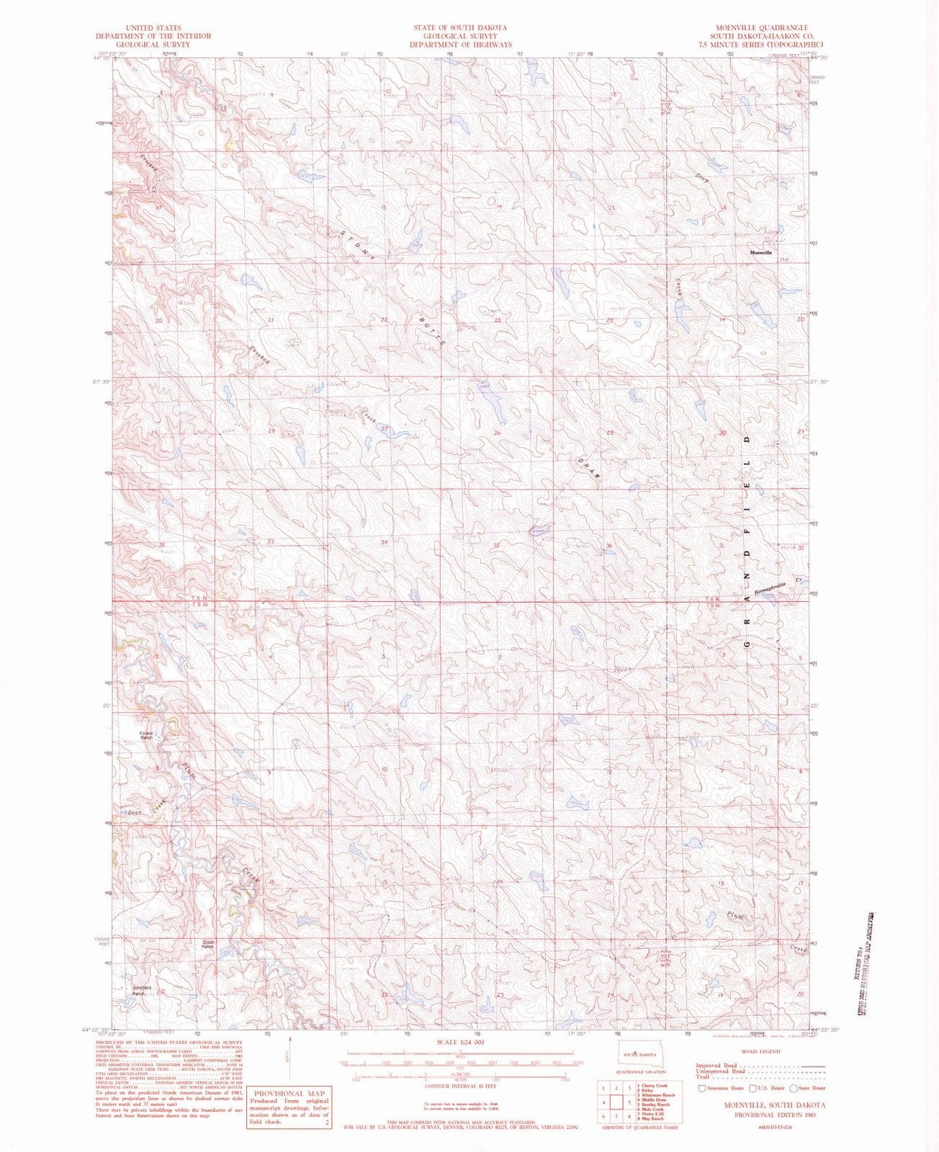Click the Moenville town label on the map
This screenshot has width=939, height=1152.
click(760, 253)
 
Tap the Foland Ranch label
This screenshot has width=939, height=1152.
click(147, 736)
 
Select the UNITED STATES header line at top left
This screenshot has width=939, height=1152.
click(153, 27)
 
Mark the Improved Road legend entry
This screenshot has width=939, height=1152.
click(720, 1065)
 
